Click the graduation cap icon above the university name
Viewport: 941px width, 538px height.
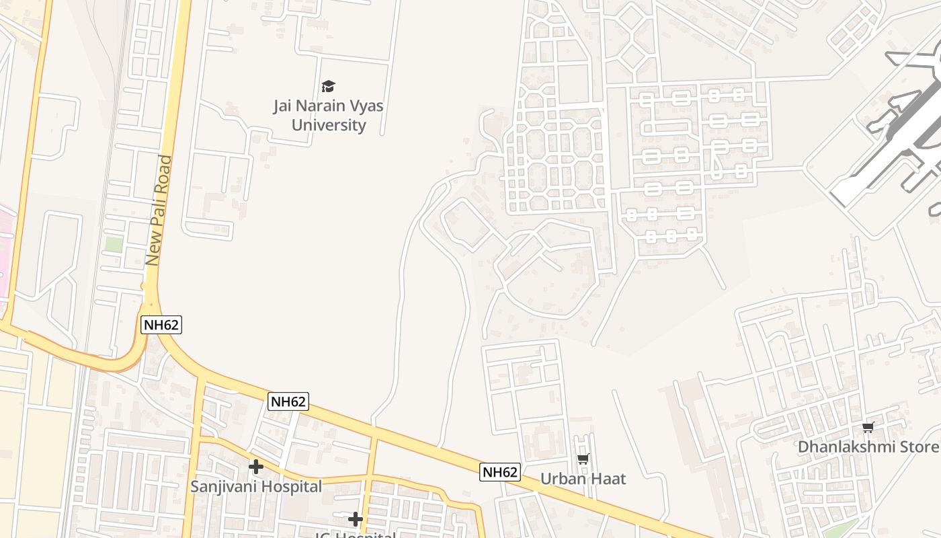tap(328, 86)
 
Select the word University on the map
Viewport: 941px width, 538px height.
tap(329, 125)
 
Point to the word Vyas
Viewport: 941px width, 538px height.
tap(366, 106)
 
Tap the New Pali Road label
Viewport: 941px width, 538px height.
tap(159, 210)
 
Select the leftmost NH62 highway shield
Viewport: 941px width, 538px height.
tap(162, 325)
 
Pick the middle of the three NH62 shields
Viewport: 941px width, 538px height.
tap(288, 402)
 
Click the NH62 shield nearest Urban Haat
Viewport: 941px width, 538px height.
tap(500, 472)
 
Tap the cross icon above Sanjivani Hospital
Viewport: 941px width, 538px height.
tap(255, 466)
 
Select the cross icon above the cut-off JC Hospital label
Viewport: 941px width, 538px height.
tap(356, 519)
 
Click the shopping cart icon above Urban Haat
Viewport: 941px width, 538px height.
tap(583, 459)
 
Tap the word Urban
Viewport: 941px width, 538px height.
tap(563, 479)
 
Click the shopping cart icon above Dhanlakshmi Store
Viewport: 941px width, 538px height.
tap(868, 427)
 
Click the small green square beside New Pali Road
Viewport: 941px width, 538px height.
tap(114, 244)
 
